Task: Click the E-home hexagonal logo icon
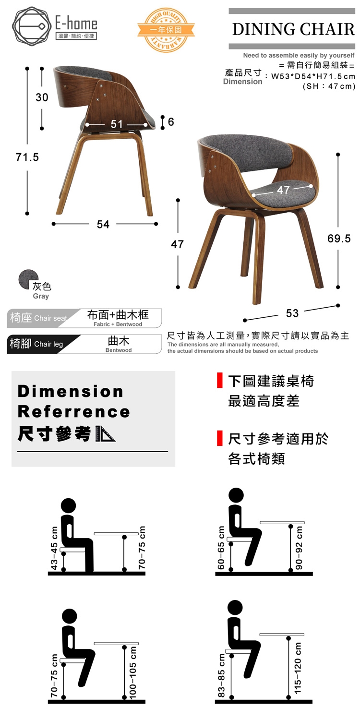coord(32,26)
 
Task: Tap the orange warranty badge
coord(166,30)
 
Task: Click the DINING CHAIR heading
coord(293,29)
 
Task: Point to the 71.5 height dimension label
coord(27,157)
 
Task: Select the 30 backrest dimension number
coord(42,97)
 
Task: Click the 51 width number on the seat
coord(116,124)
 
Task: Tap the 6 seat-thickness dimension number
coord(171,121)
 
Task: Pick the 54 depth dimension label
coord(103,224)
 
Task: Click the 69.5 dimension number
coord(339,239)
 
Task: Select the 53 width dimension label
coord(292,313)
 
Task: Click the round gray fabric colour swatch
coord(28,279)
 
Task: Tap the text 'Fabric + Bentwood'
coord(118,324)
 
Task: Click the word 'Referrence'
coord(74,412)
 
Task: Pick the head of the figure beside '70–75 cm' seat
coord(70,616)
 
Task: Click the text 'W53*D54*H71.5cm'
coord(313,76)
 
